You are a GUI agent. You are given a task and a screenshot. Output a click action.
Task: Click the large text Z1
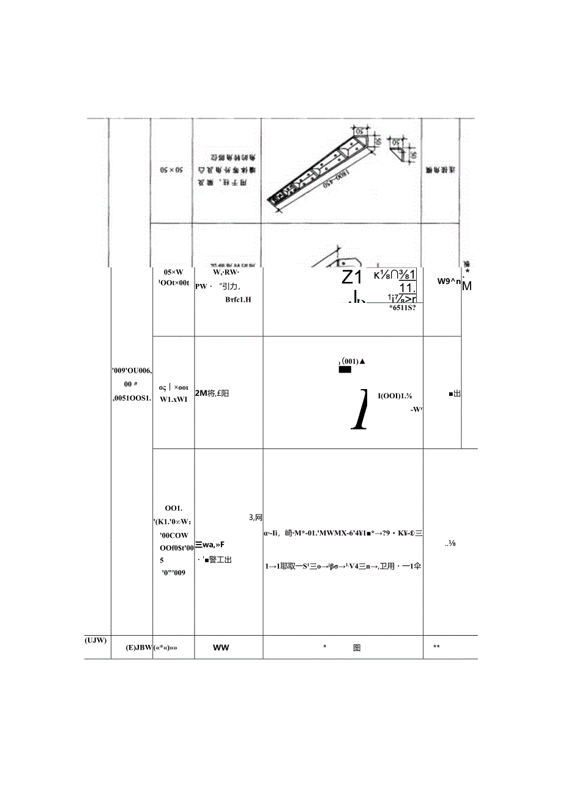pos(353,277)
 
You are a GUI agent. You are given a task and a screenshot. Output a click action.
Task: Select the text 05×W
pos(173,273)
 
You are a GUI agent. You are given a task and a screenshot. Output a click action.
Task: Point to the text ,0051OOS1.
pos(131,398)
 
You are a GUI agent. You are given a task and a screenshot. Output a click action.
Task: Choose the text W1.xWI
pos(173,399)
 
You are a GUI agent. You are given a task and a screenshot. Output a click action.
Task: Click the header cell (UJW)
pos(96,641)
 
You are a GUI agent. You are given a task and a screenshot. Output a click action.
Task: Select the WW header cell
pos(221,647)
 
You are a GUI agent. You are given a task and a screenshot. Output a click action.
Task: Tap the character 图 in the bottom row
pos(357,647)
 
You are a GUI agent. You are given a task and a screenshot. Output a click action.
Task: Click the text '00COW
pos(173,533)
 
